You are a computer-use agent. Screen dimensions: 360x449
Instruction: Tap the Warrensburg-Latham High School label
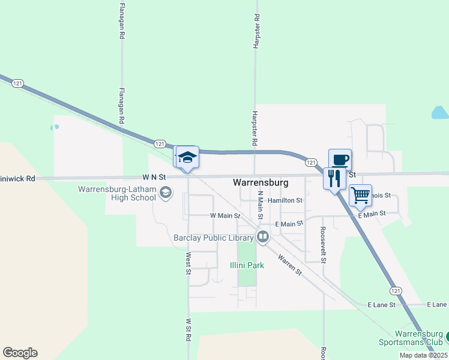pyautogui.click(x=118, y=193)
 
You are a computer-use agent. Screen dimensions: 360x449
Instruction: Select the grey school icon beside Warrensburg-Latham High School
pyautogui.click(x=166, y=193)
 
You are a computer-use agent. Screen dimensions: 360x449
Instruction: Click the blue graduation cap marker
pyautogui.click(x=187, y=157)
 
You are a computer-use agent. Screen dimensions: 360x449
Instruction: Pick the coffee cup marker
pyautogui.click(x=340, y=160)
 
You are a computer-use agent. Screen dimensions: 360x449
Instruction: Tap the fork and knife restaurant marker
pyautogui.click(x=334, y=178)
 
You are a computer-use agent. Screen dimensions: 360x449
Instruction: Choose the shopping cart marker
pyautogui.click(x=360, y=194)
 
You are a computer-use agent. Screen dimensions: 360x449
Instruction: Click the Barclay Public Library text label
pyautogui.click(x=213, y=238)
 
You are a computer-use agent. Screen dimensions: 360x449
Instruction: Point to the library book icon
pyautogui.click(x=262, y=238)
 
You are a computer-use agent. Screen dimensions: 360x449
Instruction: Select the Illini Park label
pyautogui.click(x=247, y=265)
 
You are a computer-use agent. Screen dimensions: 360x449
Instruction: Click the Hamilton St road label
pyautogui.click(x=285, y=200)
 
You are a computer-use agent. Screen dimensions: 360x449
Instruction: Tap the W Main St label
pyautogui.click(x=225, y=215)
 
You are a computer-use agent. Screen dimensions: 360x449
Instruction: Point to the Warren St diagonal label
pyautogui.click(x=290, y=263)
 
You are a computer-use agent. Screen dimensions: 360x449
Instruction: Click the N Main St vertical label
pyautogui.click(x=261, y=206)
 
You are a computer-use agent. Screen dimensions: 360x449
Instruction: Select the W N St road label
pyautogui.click(x=153, y=178)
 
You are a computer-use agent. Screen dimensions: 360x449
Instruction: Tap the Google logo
pyautogui.click(x=20, y=352)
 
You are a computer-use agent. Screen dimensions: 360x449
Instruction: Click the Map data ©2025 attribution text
pyautogui.click(x=423, y=355)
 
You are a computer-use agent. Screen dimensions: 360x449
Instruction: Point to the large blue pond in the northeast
pyautogui.click(x=440, y=112)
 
